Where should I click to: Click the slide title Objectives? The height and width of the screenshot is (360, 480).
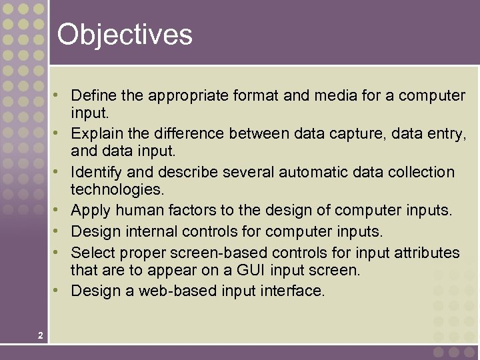[125, 35]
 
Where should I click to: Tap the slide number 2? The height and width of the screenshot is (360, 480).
[41, 335]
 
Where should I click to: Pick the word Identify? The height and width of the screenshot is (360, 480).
[95, 172]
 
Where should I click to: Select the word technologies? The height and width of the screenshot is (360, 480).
[117, 189]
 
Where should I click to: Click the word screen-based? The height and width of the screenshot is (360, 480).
[210, 253]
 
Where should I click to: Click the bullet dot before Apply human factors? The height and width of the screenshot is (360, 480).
[61, 211]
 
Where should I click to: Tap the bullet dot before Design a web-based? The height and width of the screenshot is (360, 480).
[61, 291]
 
